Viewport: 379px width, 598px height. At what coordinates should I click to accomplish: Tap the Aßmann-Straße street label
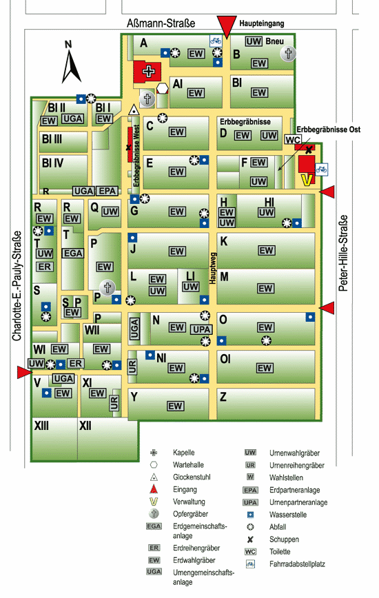(x=161, y=23)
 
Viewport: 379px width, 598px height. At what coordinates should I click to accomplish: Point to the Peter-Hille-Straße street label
(x=344, y=254)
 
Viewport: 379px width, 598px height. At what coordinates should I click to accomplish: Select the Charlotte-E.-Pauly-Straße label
(x=17, y=286)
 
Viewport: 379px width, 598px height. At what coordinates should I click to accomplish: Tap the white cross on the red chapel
(x=149, y=72)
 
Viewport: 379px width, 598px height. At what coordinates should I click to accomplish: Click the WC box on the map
(x=292, y=140)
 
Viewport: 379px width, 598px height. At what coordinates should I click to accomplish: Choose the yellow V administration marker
(x=307, y=180)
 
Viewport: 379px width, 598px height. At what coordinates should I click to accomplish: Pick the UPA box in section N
(x=202, y=329)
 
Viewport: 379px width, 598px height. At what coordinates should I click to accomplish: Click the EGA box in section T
(x=72, y=254)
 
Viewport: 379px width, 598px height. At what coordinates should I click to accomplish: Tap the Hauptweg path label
(x=213, y=268)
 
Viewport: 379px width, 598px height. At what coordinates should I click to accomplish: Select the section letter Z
(x=223, y=397)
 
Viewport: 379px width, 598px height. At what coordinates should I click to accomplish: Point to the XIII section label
(x=41, y=426)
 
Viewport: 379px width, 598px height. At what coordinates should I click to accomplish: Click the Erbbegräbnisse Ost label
(x=328, y=130)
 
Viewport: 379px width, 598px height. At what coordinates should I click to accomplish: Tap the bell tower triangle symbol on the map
(x=134, y=110)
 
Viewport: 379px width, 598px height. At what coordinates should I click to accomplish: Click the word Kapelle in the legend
(x=184, y=453)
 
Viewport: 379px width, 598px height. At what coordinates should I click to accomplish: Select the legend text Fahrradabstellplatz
(x=297, y=564)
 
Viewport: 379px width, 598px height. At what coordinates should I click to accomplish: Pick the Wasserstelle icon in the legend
(x=250, y=515)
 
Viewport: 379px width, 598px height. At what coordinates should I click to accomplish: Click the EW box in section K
(x=266, y=250)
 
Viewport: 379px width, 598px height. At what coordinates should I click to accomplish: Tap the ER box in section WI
(x=75, y=364)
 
